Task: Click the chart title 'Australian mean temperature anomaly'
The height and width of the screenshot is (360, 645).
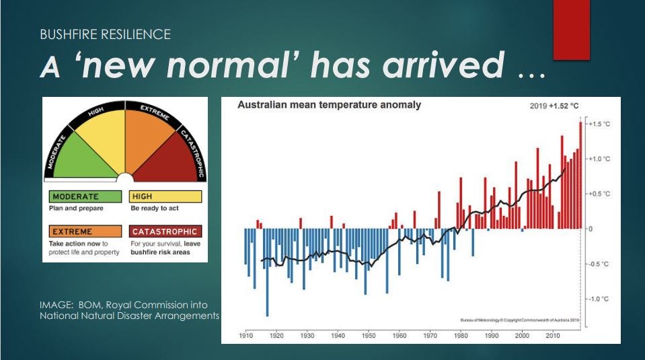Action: pyautogui.click(x=330, y=105)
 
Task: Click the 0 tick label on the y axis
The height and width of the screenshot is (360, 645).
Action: pyautogui.click(x=590, y=229)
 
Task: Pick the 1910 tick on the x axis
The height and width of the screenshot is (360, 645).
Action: pyautogui.click(x=245, y=335)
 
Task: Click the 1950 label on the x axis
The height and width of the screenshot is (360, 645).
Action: pyautogui.click(x=369, y=335)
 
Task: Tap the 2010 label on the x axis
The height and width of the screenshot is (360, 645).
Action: pyautogui.click(x=553, y=335)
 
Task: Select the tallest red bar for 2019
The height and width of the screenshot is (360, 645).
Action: pyautogui.click(x=580, y=175)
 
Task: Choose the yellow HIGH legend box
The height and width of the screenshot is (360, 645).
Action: pyautogui.click(x=165, y=196)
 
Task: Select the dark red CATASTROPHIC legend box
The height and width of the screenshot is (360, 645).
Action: pyautogui.click(x=165, y=231)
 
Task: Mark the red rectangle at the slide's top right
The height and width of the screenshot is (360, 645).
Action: pyautogui.click(x=571, y=30)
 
